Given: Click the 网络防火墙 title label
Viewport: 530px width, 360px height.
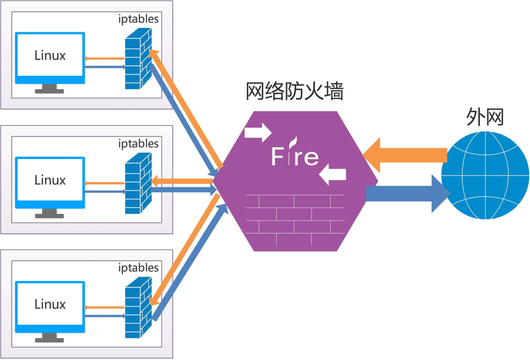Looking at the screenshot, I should (x=294, y=92).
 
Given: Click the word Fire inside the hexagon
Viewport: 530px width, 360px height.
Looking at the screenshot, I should (x=295, y=156).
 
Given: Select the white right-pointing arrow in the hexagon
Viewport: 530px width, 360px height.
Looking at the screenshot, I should (x=258, y=131).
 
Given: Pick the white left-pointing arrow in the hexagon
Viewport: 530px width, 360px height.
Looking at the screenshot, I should (x=333, y=174).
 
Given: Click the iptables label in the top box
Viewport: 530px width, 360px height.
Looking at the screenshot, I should (x=139, y=19).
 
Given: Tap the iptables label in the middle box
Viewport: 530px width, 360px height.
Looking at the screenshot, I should (x=139, y=144).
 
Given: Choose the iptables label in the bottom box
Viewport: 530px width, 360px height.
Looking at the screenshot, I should (x=139, y=268).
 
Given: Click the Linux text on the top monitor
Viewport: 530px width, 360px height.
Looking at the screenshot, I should (x=50, y=55).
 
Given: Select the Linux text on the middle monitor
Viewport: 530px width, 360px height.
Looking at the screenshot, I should (x=50, y=180).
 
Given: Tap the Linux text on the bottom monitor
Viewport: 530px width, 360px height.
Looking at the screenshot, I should (x=50, y=304).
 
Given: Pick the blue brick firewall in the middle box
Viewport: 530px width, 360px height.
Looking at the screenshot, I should (x=137, y=185).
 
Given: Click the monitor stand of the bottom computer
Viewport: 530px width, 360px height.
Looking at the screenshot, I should (x=50, y=337).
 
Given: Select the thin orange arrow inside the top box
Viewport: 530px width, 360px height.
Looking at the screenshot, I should (x=104, y=58).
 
